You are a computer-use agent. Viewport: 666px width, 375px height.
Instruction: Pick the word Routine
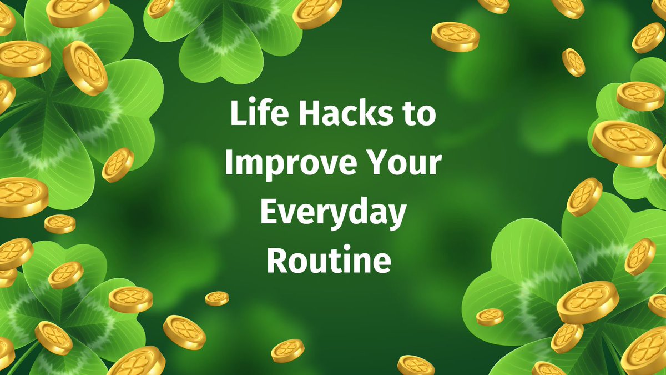(329, 259)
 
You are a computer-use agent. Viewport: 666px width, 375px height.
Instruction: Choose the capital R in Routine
(276, 259)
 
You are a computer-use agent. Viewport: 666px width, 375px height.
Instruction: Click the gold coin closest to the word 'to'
(455, 37)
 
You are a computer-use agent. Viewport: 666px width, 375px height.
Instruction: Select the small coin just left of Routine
(217, 298)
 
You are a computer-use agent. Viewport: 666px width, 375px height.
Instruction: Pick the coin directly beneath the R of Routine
(287, 351)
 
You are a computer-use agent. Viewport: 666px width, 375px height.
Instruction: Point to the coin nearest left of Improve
(118, 165)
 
